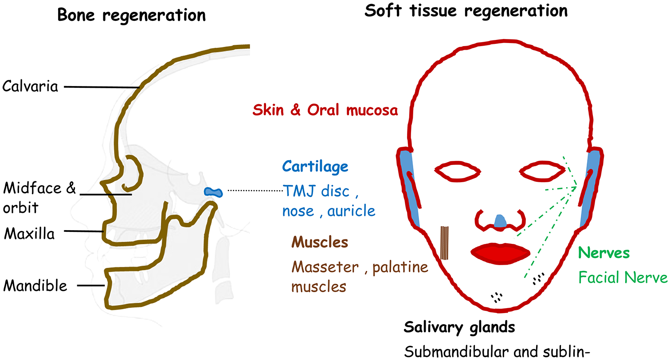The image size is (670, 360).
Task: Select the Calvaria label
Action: [x=31, y=86]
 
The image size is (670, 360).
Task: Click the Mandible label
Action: [x=35, y=286]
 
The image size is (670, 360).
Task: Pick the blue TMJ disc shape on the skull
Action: [x=214, y=192]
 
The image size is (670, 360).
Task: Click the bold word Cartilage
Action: [x=315, y=167]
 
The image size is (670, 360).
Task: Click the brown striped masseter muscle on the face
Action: [x=445, y=243]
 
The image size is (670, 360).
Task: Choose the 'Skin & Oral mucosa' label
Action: [x=325, y=110]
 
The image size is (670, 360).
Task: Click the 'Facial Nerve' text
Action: [x=623, y=278]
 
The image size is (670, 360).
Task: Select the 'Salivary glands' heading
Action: [x=459, y=328]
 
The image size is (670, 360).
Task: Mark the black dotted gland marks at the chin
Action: [x=497, y=297]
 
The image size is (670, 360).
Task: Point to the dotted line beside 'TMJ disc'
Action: [x=255, y=191]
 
